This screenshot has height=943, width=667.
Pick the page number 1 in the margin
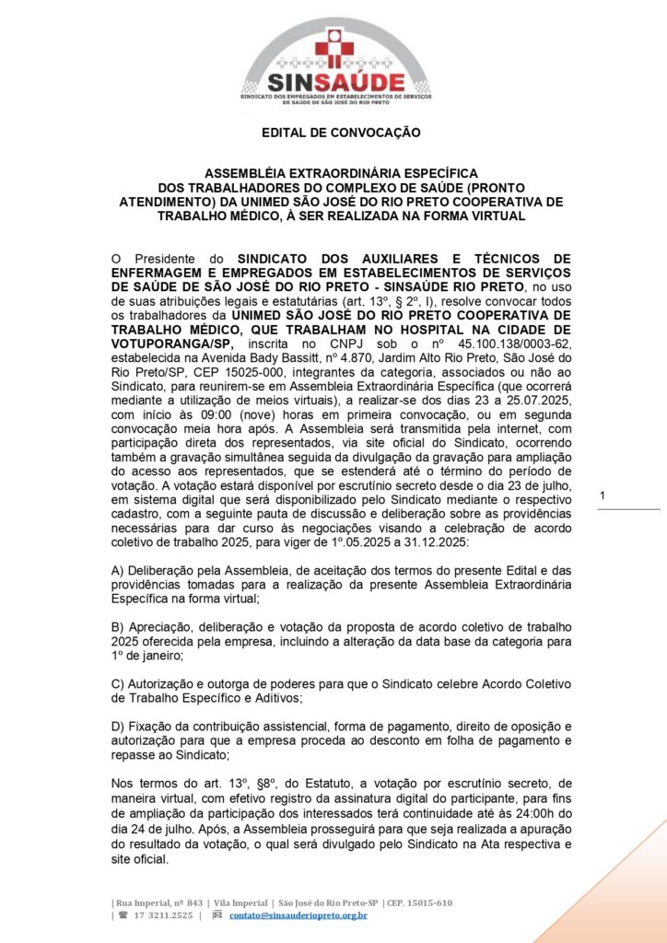(x=602, y=496)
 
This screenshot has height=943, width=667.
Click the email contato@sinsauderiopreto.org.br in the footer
(x=298, y=914)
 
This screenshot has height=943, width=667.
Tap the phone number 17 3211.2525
(x=164, y=914)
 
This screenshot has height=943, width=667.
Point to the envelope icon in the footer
(x=217, y=914)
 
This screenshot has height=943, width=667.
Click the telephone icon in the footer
(x=122, y=914)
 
